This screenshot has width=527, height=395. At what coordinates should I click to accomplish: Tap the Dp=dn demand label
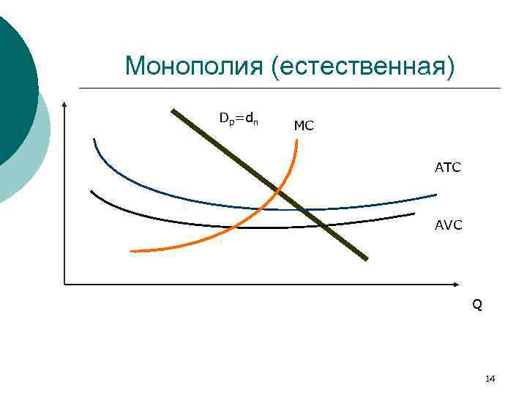pyautogui.click(x=238, y=118)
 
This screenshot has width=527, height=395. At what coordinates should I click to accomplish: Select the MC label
pyautogui.click(x=303, y=126)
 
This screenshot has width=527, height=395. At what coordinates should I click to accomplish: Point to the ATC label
pyautogui.click(x=447, y=168)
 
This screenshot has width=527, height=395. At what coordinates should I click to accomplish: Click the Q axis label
pyautogui.click(x=476, y=304)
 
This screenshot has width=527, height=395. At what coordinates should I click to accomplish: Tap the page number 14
pyautogui.click(x=490, y=378)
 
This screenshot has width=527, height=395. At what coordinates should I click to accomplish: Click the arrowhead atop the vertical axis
pyautogui.click(x=65, y=105)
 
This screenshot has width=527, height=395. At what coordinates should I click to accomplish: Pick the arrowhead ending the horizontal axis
pyautogui.click(x=460, y=283)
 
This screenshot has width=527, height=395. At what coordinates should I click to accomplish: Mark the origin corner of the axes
pyautogui.click(x=65, y=283)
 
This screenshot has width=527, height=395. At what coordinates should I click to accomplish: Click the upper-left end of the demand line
pyautogui.click(x=173, y=111)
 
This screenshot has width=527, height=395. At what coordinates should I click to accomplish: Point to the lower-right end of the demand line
pyautogui.click(x=365, y=257)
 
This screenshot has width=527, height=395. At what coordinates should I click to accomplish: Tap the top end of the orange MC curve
pyautogui.click(x=296, y=140)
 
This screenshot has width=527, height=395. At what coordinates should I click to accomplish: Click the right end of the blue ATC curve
pyautogui.click(x=436, y=195)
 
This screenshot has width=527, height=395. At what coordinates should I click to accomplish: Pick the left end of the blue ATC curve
pyautogui.click(x=94, y=139)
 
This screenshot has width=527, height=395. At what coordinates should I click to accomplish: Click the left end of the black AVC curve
pyautogui.click(x=91, y=192)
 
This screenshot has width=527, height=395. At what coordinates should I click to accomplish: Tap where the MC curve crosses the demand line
pyautogui.click(x=278, y=191)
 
